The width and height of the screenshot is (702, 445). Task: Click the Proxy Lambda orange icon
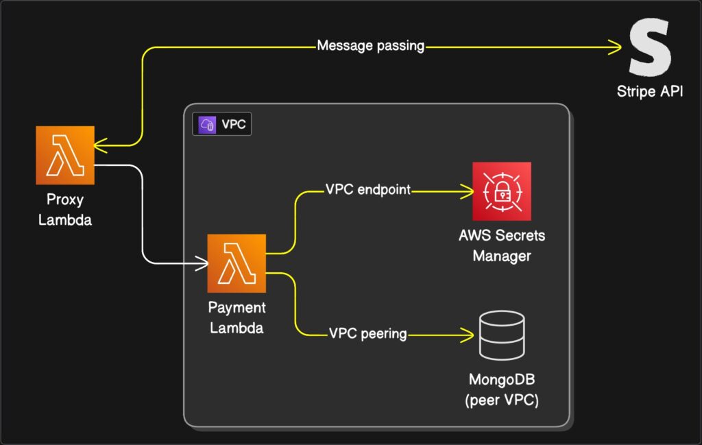click(65, 155)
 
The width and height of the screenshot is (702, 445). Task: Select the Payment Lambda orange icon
click(237, 263)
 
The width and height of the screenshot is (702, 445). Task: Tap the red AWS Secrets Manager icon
click(502, 191)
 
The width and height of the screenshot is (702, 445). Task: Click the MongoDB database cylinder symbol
click(502, 336)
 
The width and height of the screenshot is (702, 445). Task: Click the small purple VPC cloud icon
click(206, 125)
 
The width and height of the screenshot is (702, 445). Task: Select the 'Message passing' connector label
click(370, 47)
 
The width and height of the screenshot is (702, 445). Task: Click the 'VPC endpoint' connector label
click(367, 190)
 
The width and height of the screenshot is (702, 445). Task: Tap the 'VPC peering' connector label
click(368, 335)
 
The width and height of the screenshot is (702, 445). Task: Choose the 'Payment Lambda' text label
click(237, 317)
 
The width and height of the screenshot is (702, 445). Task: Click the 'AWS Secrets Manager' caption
click(502, 246)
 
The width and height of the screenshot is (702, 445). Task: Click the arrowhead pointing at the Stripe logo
click(616, 47)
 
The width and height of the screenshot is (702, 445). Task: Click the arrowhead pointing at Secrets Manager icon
click(469, 190)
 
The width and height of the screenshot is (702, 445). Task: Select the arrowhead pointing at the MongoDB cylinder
click(469, 335)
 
